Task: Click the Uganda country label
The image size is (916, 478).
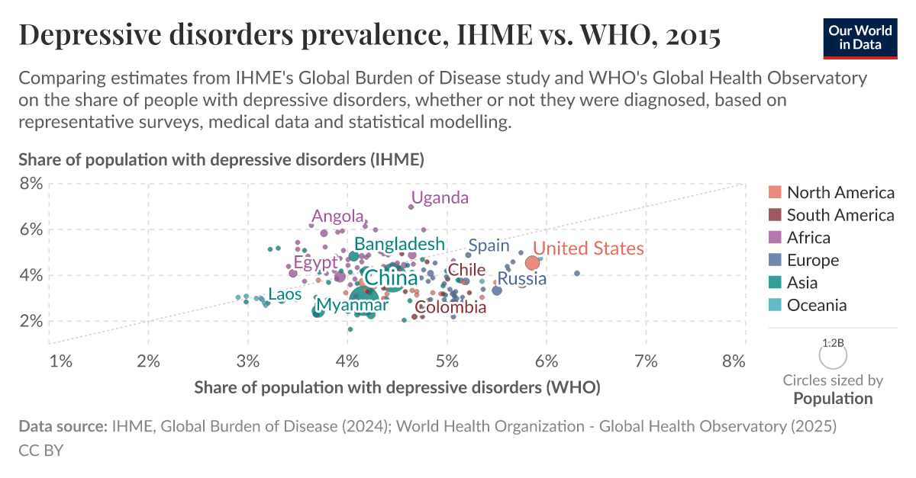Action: pos(440,198)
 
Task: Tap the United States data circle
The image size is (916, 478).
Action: pos(533,263)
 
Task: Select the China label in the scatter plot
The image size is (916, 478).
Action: pos(390,278)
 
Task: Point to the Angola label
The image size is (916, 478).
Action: pos(337,217)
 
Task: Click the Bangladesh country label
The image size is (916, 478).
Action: pos(399,244)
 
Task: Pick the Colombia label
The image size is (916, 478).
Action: pos(451,307)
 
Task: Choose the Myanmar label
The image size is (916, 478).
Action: pos(353,305)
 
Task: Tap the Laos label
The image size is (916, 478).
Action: pos(284,294)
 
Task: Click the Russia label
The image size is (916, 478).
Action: pos(522,279)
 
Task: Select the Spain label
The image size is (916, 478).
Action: pos(489,245)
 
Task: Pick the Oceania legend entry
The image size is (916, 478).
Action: pos(816,305)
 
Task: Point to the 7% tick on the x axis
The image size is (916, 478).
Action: pos(646,361)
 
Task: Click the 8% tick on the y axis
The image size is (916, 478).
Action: pos(30,184)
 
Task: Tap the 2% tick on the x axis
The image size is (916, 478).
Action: pos(148,361)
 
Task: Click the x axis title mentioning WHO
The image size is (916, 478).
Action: pos(397,387)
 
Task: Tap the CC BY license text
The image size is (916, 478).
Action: pos(40,451)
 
